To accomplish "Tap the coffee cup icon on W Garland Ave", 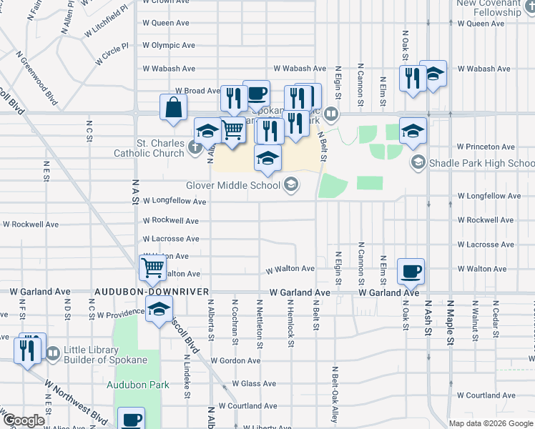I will point(411,271).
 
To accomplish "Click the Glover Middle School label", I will point(235,185).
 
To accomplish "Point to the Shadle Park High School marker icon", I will point(418,163).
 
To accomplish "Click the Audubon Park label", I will point(138,385).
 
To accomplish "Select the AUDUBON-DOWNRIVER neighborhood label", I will point(152,292).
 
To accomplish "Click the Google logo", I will point(23,420).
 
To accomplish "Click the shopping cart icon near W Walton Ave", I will point(153,267).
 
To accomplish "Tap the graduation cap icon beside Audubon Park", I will point(159,309).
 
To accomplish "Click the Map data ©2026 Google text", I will point(490,423).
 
